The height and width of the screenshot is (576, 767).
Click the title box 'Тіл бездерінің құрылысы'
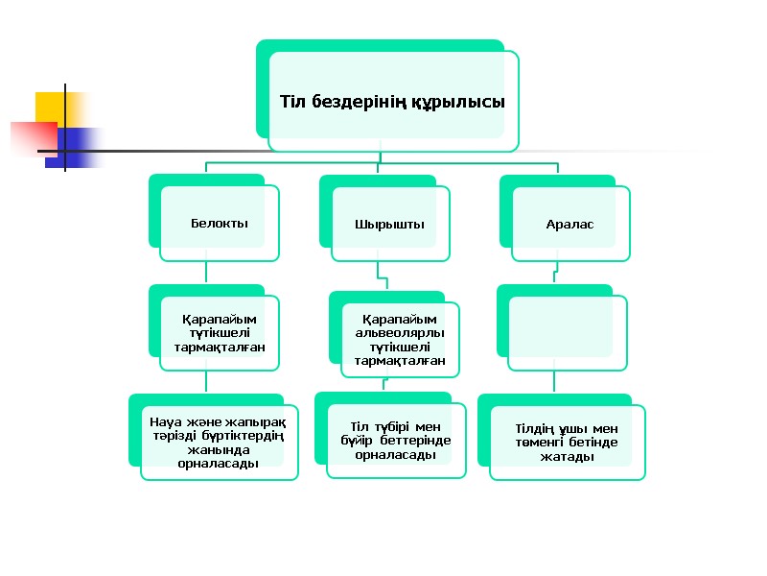tap(392, 101)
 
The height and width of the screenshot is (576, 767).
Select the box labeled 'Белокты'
tap(220, 223)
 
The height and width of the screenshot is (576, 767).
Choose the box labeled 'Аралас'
tap(570, 224)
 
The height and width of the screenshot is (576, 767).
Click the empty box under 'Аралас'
tap(568, 332)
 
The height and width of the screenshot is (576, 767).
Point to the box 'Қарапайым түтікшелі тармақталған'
tap(220, 332)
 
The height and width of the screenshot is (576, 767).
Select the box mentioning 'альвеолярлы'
tap(400, 340)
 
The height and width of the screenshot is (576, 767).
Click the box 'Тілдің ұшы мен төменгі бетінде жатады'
tap(567, 443)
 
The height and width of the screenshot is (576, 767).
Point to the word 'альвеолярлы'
tap(400, 333)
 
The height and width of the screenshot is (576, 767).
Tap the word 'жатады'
tap(567, 457)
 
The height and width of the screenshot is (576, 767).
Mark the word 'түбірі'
tap(392, 426)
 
